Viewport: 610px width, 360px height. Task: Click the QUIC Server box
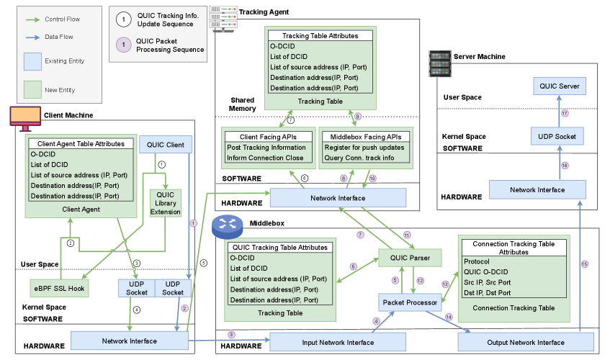[x=560, y=86]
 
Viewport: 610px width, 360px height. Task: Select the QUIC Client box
[x=165, y=145]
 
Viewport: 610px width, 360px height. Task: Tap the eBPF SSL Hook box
[x=58, y=288]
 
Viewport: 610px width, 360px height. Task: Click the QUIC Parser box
[x=410, y=258]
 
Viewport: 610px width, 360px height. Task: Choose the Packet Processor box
[x=411, y=302]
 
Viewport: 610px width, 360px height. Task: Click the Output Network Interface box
[x=525, y=342]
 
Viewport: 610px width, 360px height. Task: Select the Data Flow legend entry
[x=58, y=37]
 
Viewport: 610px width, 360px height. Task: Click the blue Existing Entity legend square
[x=33, y=61]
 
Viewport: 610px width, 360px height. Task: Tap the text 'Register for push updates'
[x=364, y=148]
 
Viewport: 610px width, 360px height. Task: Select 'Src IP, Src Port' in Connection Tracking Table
[x=488, y=282]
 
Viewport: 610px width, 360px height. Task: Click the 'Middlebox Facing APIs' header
[x=364, y=136]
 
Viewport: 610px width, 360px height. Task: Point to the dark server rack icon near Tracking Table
[x=439, y=64]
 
